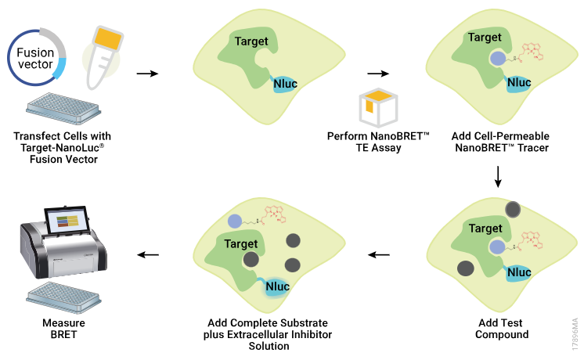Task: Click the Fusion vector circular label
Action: tap(36, 59)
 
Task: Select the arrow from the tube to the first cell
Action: tap(146, 74)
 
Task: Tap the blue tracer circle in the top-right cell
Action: tap(496, 59)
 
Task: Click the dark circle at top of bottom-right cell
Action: tap(514, 210)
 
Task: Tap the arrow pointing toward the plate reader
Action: tap(149, 254)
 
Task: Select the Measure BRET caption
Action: tap(64, 329)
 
